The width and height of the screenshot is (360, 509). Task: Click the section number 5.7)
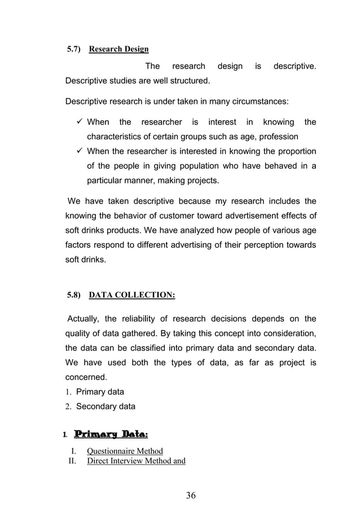(x=74, y=49)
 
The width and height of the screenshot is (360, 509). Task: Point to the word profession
(x=278, y=137)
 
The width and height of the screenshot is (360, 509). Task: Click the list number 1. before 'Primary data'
(x=69, y=392)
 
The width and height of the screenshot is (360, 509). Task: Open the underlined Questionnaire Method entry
(x=125, y=451)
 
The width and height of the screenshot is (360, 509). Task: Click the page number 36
(x=191, y=495)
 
